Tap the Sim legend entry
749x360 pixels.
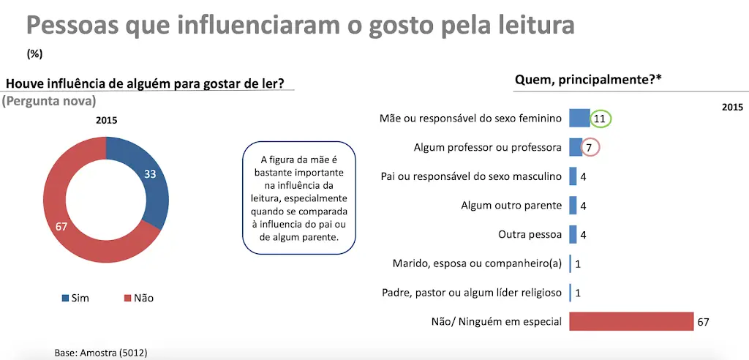(75, 299)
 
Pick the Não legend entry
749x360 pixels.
(138, 299)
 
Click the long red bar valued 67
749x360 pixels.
(631, 321)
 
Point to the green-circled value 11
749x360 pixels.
(601, 119)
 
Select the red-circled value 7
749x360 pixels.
(590, 148)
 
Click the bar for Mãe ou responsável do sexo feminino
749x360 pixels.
(579, 118)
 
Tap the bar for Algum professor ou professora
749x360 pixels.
(576, 147)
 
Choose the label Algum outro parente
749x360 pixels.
(511, 206)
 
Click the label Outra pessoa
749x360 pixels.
(530, 235)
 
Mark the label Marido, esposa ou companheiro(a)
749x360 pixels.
(477, 263)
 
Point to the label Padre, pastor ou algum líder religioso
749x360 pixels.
(472, 293)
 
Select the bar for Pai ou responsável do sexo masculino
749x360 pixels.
(573, 176)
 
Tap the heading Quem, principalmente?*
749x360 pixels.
(587, 80)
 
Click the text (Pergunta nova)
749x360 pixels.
(49, 102)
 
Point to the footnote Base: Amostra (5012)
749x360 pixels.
(101, 353)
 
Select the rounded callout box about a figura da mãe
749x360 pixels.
(299, 198)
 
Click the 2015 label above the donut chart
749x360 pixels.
(106, 121)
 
